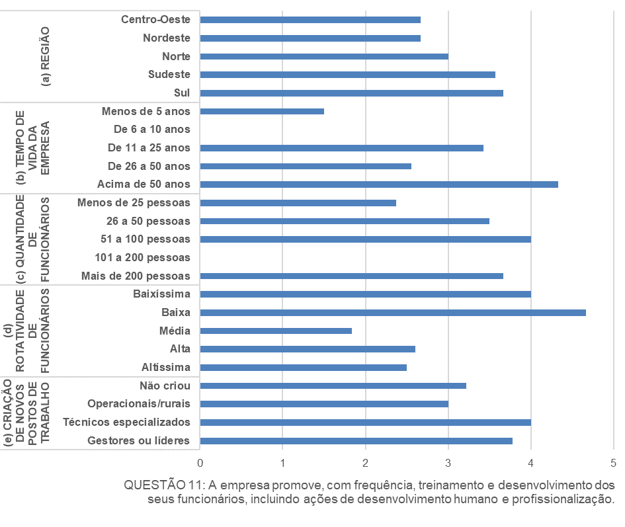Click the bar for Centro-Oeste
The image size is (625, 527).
click(x=310, y=20)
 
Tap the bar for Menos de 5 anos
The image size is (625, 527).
click(x=262, y=111)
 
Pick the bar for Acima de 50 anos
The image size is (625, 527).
click(x=378, y=184)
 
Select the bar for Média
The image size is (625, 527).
click(x=275, y=331)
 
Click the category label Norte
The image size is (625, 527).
click(x=176, y=56)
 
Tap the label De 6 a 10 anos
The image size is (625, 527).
click(x=152, y=129)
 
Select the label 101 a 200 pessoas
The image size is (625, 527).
click(x=143, y=257)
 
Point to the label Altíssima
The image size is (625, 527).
click(x=166, y=367)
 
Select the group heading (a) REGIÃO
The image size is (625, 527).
click(x=46, y=57)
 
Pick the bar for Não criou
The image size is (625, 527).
click(x=333, y=385)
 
